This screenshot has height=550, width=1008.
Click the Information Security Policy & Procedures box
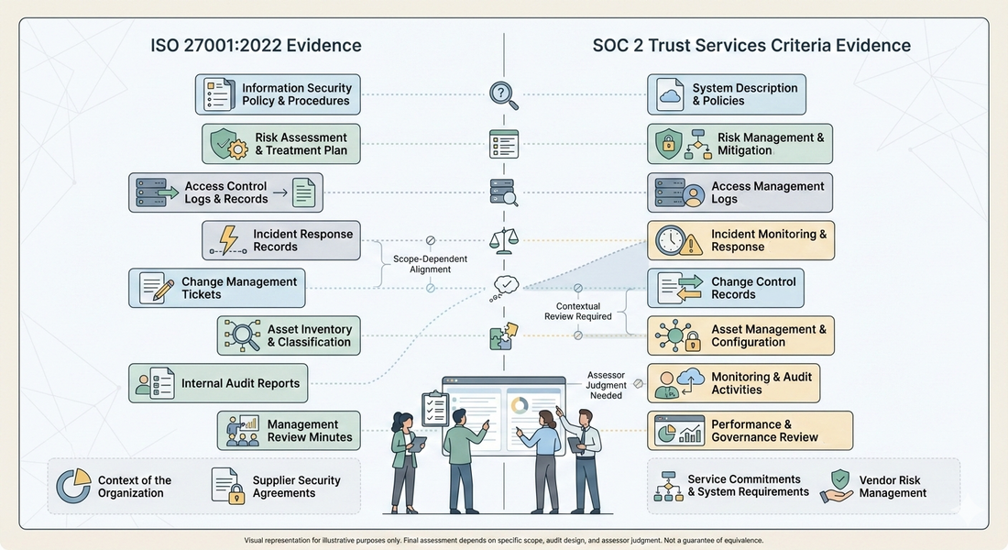(x=278, y=94)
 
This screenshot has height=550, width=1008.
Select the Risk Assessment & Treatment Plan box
(x=280, y=144)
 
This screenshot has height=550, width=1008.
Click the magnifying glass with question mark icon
(x=503, y=94)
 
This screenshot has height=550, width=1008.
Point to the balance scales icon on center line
(x=504, y=241)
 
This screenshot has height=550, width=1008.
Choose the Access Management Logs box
(x=740, y=192)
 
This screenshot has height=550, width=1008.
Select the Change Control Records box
(x=726, y=288)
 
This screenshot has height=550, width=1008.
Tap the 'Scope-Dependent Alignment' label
(x=430, y=264)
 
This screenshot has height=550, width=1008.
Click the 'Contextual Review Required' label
(x=578, y=312)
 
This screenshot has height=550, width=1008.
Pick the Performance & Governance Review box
(x=750, y=431)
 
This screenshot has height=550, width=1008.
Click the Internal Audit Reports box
(x=218, y=383)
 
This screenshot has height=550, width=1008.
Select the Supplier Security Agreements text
(x=296, y=487)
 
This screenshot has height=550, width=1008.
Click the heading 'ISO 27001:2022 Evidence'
(x=256, y=45)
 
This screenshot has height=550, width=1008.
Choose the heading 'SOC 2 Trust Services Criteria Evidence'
(x=751, y=45)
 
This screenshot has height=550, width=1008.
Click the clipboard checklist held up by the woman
(x=434, y=406)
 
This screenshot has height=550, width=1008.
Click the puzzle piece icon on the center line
(x=503, y=335)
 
